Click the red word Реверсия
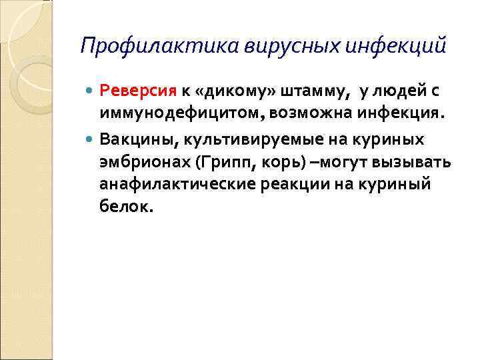[137, 91]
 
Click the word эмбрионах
[140, 162]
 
